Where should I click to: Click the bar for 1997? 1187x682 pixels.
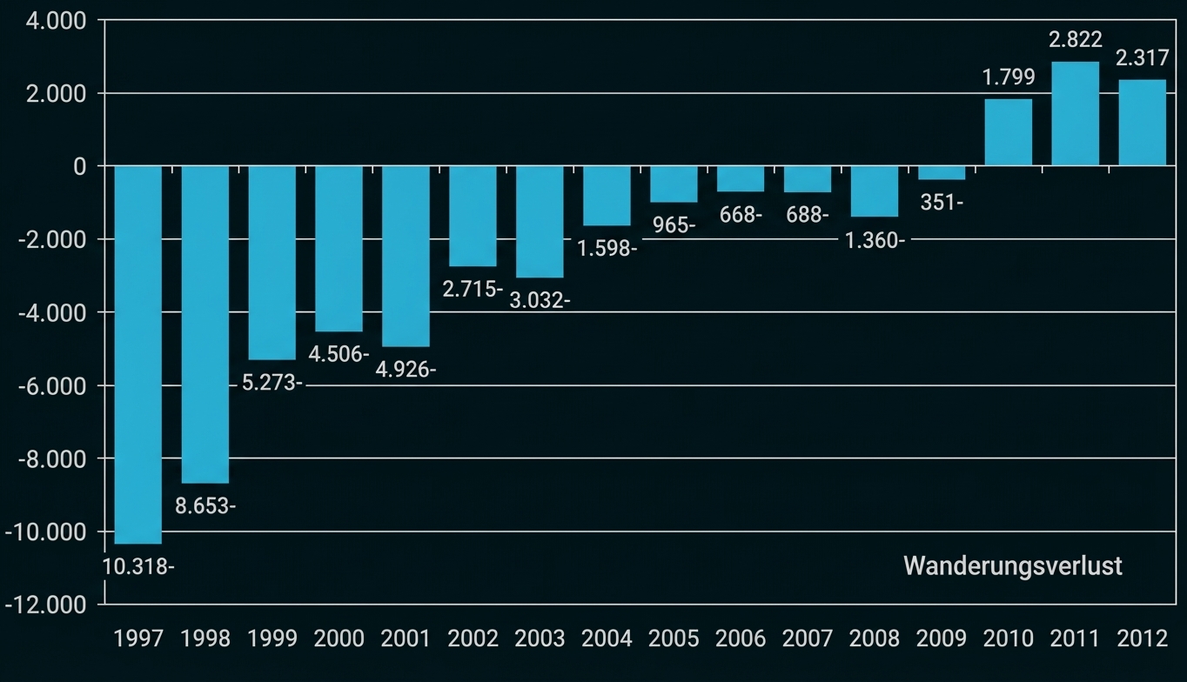click(137, 354)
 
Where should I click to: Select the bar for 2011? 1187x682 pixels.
click(1075, 113)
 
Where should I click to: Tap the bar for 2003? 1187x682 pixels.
click(540, 221)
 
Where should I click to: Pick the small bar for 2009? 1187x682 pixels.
click(941, 172)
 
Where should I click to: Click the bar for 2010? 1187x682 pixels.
click(1008, 132)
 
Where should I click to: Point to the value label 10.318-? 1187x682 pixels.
click(138, 565)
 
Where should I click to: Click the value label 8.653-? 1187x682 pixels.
click(205, 505)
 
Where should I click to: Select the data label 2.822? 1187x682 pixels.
click(1075, 39)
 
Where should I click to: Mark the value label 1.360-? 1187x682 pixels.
click(875, 240)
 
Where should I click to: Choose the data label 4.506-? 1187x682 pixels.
click(339, 354)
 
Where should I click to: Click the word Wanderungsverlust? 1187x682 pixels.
click(1013, 565)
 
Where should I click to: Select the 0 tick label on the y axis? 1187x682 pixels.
click(81, 166)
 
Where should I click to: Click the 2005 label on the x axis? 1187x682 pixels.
click(674, 639)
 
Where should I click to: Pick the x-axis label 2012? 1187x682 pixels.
click(1142, 639)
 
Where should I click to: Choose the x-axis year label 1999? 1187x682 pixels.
click(272, 639)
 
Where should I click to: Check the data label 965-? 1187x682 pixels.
click(674, 225)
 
